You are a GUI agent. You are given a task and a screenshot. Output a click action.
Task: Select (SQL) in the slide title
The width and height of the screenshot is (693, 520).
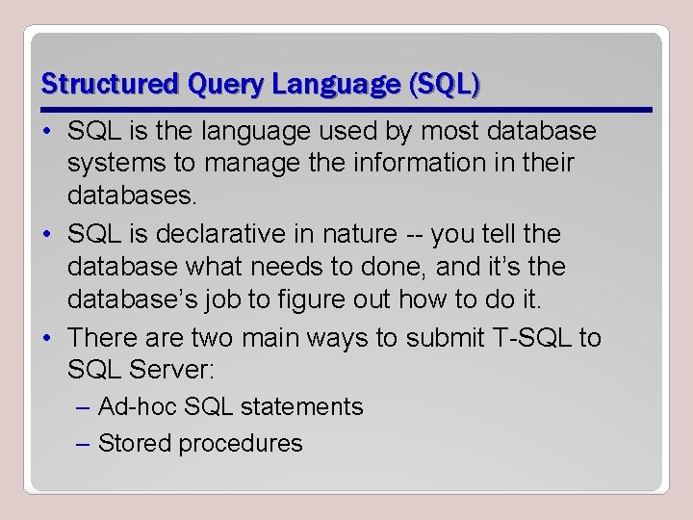(444, 85)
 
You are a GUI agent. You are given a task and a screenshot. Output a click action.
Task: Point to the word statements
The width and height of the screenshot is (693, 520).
(301, 407)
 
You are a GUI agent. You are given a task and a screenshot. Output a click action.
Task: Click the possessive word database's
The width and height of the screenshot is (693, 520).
(120, 299)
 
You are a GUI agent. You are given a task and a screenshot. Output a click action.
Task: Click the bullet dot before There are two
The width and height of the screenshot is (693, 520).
(48, 337)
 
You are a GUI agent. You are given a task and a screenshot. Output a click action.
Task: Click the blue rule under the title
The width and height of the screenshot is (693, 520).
(346, 109)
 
